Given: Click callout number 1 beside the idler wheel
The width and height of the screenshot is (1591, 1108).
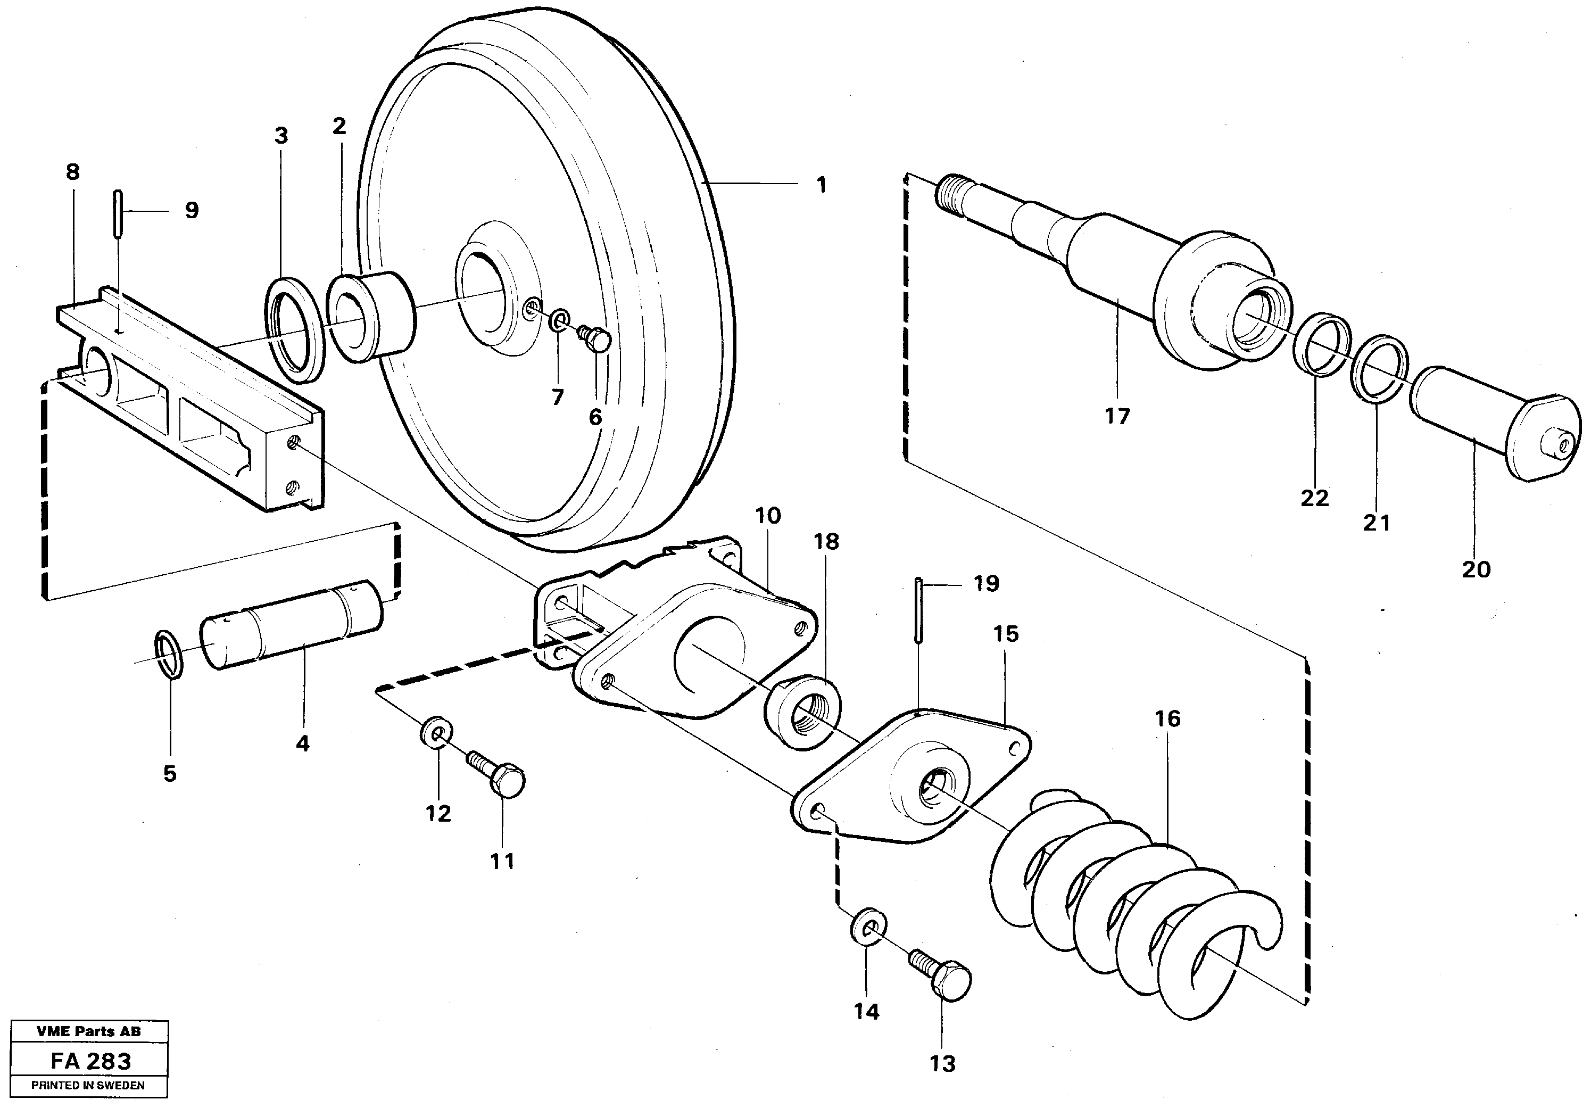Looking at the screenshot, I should click(x=821, y=185).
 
